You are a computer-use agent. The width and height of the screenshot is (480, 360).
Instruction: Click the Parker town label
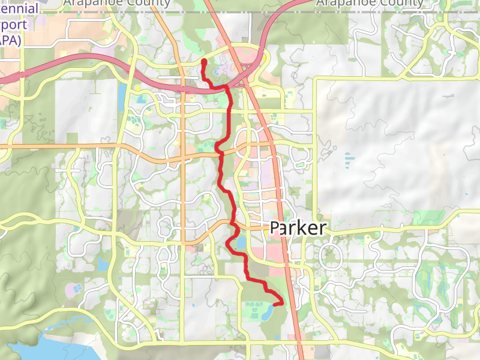pyautogui.click(x=298, y=228)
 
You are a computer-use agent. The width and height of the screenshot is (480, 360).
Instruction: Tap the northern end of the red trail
pyautogui.click(x=204, y=61)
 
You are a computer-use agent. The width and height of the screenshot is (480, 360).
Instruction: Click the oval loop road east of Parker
pyautogui.click(x=332, y=256)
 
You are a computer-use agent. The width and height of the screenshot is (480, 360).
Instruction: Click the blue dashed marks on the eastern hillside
pyautogui.click(x=349, y=159)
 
